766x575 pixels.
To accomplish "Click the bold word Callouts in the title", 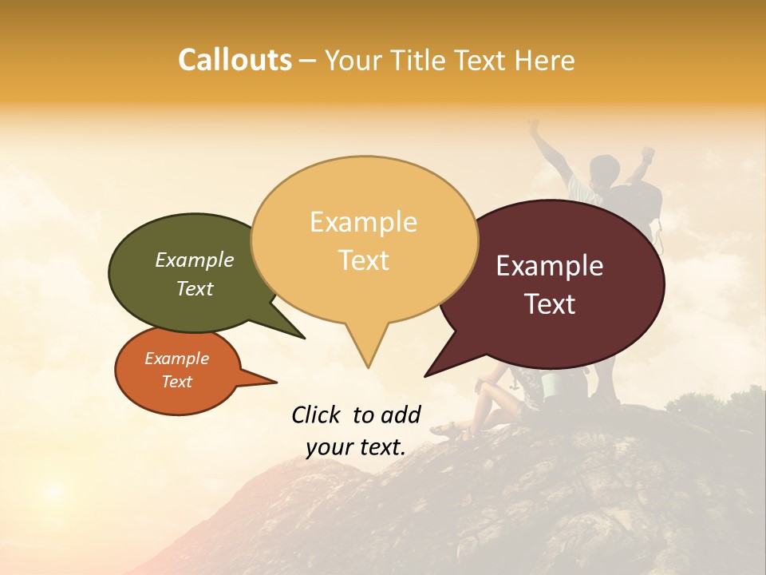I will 235,60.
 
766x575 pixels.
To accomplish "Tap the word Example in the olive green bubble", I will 195,260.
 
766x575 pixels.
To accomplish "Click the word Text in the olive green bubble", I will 195,288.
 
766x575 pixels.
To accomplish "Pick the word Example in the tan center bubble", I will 363,222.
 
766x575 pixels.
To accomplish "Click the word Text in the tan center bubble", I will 363,260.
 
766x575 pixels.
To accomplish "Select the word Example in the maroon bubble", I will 550,266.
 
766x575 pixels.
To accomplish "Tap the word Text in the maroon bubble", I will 550,304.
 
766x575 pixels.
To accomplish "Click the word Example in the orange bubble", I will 176,359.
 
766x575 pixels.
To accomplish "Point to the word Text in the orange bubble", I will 176,382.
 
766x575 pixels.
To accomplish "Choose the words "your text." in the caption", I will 356,447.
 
